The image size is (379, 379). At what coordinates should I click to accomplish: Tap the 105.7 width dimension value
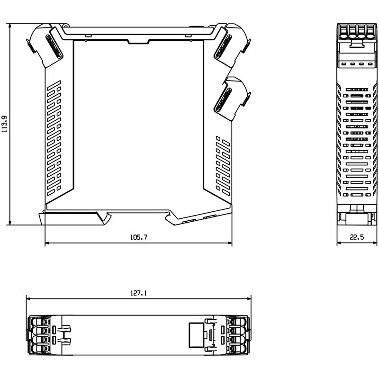pyautogui.click(x=138, y=238)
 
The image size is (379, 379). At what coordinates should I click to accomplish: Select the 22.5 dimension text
pyautogui.click(x=357, y=238)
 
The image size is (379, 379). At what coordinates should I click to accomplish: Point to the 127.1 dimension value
pyautogui.click(x=138, y=293)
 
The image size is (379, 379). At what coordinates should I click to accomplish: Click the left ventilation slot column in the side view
pyautogui.click(x=55, y=140)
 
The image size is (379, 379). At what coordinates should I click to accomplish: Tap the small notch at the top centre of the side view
pyautogui.click(x=137, y=42)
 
